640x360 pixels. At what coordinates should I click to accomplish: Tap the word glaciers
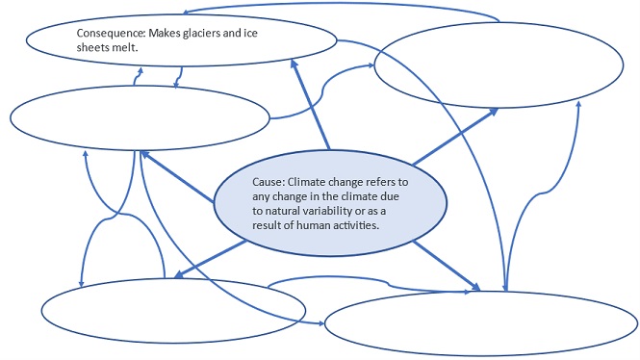pos(218,33)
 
